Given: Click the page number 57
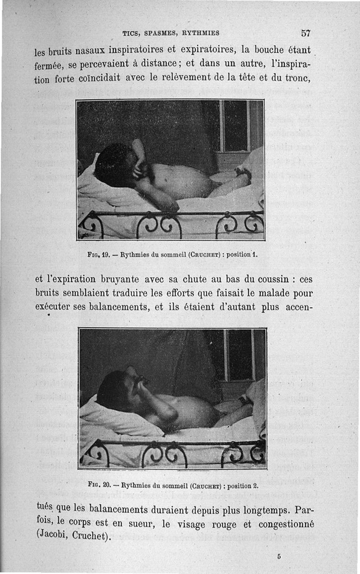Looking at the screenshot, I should point(306,33).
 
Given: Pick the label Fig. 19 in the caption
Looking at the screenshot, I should point(99,254).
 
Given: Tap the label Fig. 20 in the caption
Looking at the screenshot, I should point(99,486).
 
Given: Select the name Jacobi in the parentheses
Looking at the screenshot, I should point(53,537).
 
